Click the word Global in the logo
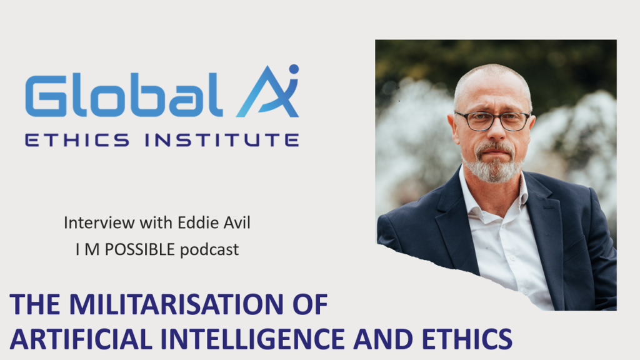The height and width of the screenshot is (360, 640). [124, 96]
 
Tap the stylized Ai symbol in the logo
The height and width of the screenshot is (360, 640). [267, 91]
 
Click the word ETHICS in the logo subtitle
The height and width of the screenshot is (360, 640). [77, 140]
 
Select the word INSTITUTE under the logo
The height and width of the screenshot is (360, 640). [222, 140]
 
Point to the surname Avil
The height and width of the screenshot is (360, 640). [237, 222]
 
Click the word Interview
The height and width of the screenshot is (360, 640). [99, 222]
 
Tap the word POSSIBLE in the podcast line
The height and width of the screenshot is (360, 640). [139, 249]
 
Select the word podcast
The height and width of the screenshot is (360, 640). [209, 249]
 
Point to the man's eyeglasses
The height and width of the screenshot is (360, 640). [492, 121]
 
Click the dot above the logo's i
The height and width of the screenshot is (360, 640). [294, 69]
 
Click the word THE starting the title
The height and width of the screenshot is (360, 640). [35, 304]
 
